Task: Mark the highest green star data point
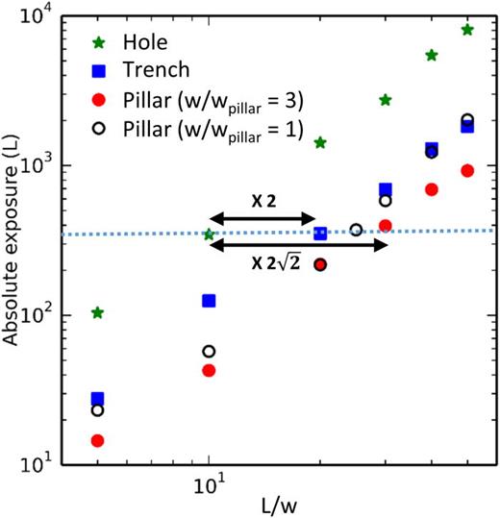pos(467,30)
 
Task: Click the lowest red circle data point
pos(97,440)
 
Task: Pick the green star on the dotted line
pos(209,234)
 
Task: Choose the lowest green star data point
pos(97,312)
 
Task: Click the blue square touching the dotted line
pos(320,234)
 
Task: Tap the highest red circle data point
pos(467,170)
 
